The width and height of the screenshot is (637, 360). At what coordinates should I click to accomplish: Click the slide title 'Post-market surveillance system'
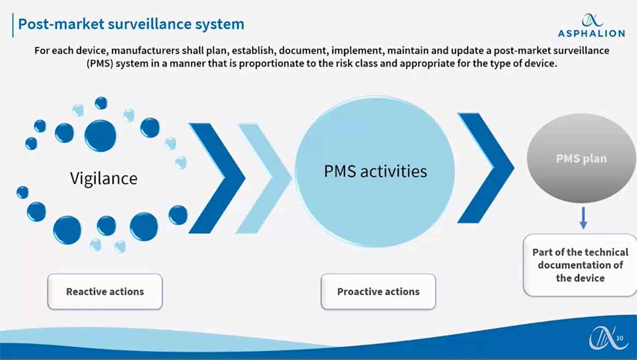click(x=131, y=24)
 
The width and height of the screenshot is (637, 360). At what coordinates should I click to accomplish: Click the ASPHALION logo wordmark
click(x=591, y=33)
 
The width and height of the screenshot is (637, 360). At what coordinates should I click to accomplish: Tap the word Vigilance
click(x=104, y=178)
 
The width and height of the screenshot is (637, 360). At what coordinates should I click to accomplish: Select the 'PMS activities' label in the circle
click(x=375, y=171)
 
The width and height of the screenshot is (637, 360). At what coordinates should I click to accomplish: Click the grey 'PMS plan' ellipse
click(x=581, y=158)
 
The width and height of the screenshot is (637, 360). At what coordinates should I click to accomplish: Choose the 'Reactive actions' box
click(x=105, y=292)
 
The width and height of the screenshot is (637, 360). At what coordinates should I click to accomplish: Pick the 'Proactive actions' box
click(x=378, y=292)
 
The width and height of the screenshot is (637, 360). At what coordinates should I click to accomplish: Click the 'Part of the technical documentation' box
click(x=580, y=265)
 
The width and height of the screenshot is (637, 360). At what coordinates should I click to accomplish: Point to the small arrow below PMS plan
click(x=583, y=218)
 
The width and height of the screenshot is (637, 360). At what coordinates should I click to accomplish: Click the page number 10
click(x=619, y=338)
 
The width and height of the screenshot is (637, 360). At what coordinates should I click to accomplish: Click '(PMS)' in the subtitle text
click(x=100, y=63)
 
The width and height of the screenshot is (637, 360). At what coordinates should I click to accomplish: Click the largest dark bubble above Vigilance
click(x=100, y=135)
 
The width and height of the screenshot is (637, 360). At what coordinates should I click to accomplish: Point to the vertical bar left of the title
click(x=13, y=25)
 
